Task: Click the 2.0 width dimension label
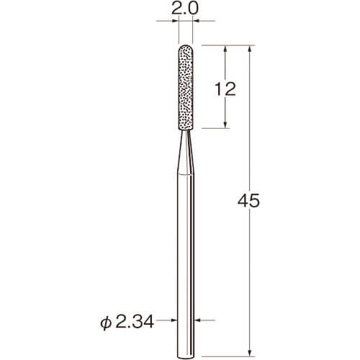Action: click(x=185, y=9)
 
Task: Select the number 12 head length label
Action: click(x=225, y=89)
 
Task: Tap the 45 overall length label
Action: click(x=248, y=200)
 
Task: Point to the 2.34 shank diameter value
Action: click(x=135, y=322)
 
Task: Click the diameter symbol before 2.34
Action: click(x=106, y=323)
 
